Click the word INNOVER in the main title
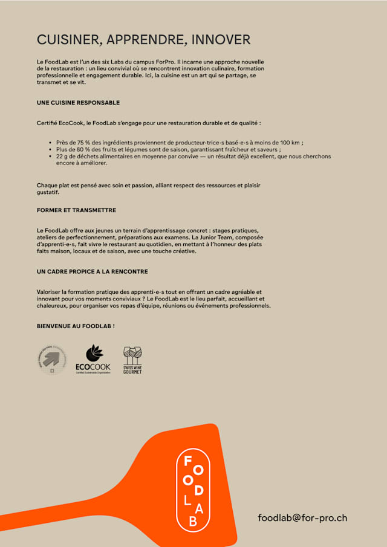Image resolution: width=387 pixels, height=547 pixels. (221, 40)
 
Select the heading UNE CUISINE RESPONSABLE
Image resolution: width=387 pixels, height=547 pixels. (78, 103)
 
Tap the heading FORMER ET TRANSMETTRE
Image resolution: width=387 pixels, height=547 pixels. (76, 210)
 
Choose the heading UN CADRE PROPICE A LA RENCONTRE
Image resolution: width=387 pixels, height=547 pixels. (93, 272)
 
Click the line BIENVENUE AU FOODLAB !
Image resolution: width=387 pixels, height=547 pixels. (76, 326)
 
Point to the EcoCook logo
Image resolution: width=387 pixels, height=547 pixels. (93, 360)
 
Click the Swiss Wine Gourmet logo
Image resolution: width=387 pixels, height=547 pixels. (132, 360)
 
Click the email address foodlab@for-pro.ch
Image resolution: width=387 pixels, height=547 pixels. (302, 518)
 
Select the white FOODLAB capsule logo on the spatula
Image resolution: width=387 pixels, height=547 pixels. (193, 490)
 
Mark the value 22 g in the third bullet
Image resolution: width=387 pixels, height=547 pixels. (62, 156)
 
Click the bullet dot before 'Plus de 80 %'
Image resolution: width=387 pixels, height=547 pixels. (50, 149)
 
